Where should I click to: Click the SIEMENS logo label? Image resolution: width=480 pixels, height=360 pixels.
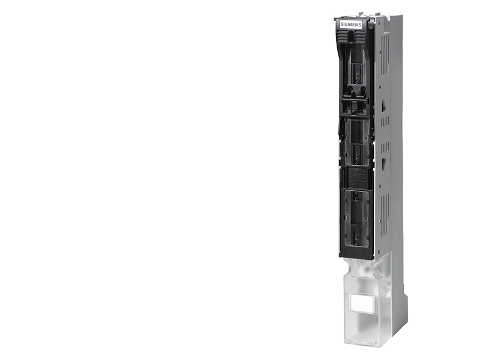tap(351, 25)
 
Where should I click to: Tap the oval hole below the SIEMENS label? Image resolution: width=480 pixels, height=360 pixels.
tap(351, 36)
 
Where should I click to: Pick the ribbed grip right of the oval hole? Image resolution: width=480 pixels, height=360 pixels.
tap(359, 37)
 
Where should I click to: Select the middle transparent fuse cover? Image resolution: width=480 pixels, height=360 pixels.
tap(356, 142)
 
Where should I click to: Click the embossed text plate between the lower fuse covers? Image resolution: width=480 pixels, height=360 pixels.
tap(357, 178)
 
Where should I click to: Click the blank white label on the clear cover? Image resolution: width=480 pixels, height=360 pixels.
tap(362, 303)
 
